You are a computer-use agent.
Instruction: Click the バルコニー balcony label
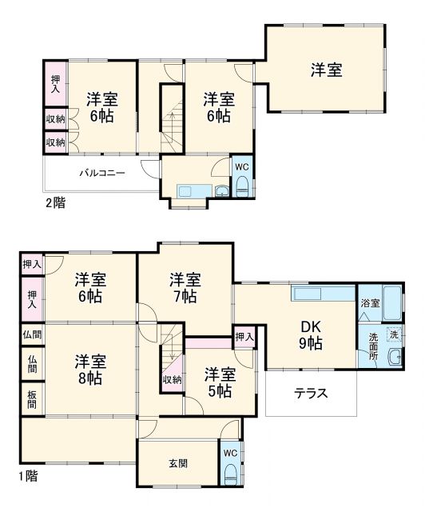(x=101, y=172)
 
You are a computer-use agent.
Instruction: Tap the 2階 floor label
(x=55, y=202)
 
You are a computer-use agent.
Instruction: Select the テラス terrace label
(x=309, y=393)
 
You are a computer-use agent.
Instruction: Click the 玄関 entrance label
(x=178, y=463)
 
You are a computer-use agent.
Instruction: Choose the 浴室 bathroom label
(x=370, y=304)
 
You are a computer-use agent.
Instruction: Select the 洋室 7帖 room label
(x=185, y=288)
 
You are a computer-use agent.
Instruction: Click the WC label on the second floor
(x=241, y=166)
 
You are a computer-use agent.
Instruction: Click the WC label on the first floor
(x=229, y=454)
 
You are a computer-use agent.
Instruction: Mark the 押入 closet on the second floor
(x=55, y=84)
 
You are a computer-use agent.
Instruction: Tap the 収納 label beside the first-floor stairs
(x=171, y=379)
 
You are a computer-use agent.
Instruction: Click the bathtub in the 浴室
(x=394, y=302)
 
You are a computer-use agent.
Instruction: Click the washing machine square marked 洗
(x=393, y=334)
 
